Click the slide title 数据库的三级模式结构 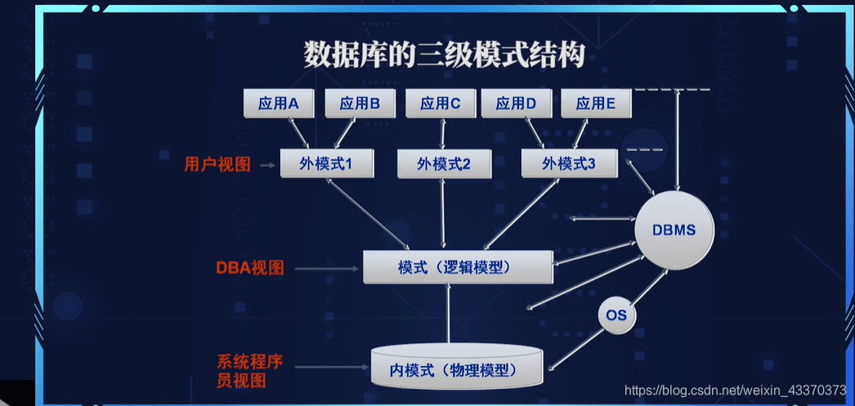pos(444,56)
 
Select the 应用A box pos(279,104)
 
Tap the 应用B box pos(360,104)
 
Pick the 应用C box pos(441,104)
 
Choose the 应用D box pos(516,104)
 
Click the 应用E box pos(595,104)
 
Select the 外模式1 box pos(326,163)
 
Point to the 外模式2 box pos(443,164)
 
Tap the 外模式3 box pos(569,163)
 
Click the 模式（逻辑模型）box pos(458,267)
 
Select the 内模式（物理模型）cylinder pos(457,369)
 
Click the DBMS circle pos(674,230)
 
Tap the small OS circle pos(616,315)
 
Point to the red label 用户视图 pos(217,164)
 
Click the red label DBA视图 pos(250,268)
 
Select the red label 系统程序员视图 pos(250,371)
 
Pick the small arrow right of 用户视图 pos(266,165)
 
